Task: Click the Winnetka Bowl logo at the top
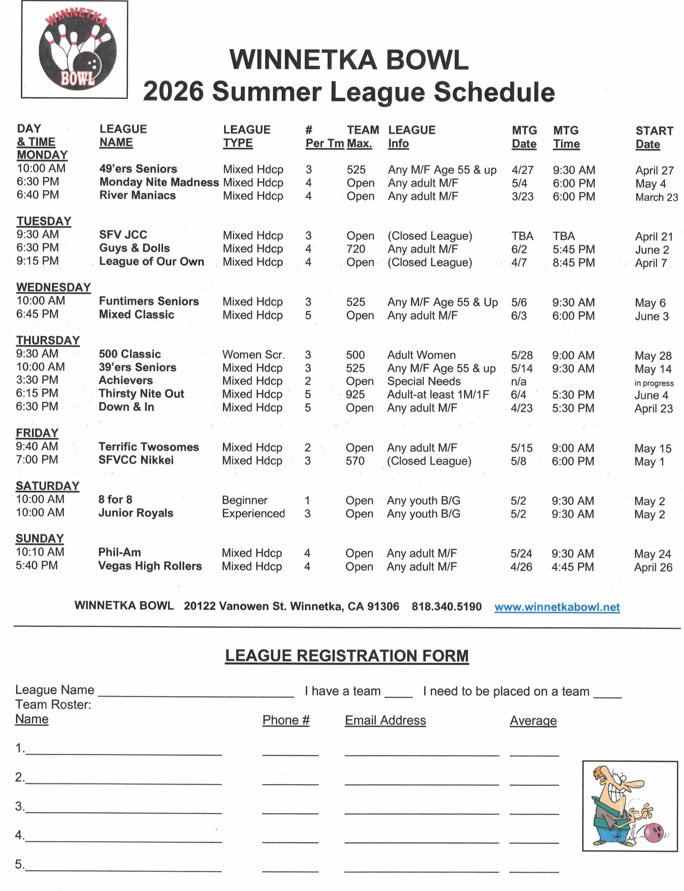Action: coord(74,49)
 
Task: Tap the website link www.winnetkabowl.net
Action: coord(557,607)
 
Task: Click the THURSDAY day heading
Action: coord(48,341)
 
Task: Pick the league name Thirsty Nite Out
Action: coord(141,394)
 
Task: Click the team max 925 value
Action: coord(355,394)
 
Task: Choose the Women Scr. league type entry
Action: coord(253,355)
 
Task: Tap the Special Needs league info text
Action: coord(424,381)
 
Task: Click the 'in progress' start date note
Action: coord(654,383)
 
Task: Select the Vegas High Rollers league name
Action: coord(150,566)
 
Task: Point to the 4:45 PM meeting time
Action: coord(573,567)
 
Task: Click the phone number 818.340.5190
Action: coord(446,606)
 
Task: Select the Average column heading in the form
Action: coord(533,721)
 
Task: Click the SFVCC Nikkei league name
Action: coord(136,460)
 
